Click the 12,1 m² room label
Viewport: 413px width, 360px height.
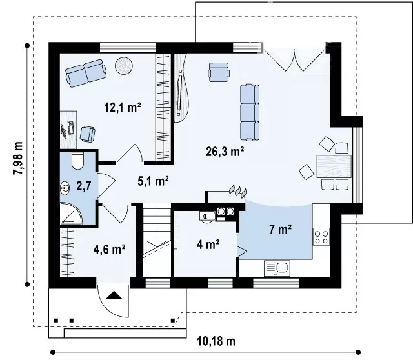tap(123, 107)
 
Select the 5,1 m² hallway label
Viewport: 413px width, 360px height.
tap(153, 181)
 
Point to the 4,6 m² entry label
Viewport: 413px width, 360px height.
tap(109, 249)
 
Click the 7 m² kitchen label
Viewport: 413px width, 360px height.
tap(280, 229)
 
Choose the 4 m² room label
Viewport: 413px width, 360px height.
tap(208, 245)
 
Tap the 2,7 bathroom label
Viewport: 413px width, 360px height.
tap(83, 186)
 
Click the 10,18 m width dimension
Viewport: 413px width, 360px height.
tap(216, 341)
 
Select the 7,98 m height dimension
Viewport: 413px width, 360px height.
tap(18, 158)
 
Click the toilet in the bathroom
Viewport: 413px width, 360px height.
tap(77, 161)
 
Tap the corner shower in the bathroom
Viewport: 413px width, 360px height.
tap(71, 214)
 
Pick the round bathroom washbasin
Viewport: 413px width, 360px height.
tap(65, 188)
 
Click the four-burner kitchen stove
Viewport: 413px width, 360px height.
tap(321, 237)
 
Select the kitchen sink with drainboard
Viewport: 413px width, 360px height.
tap(277, 268)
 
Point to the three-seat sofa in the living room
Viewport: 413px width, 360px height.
tap(250, 112)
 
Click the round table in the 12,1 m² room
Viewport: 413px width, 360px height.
tap(123, 66)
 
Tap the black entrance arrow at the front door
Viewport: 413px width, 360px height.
tap(114, 295)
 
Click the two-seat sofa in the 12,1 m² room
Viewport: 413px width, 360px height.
tap(86, 73)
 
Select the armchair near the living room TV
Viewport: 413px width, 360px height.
tap(218, 72)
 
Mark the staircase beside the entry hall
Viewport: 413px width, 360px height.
tap(156, 243)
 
